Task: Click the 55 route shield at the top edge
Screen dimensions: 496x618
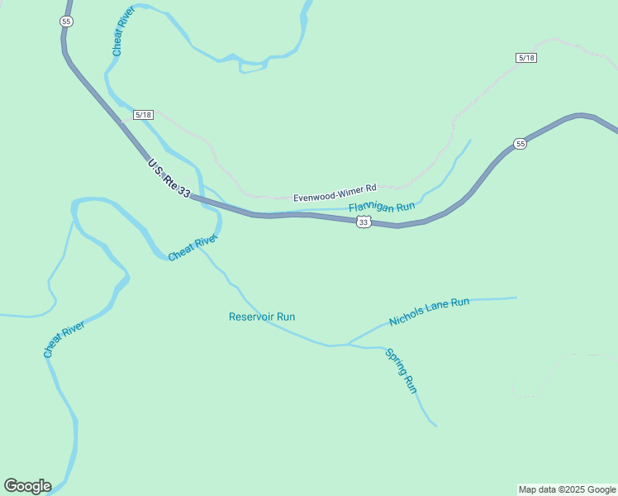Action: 66,21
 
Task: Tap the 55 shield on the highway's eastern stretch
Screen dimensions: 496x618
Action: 520,144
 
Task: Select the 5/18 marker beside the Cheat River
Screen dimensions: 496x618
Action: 143,115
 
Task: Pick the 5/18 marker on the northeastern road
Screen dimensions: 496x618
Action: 526,57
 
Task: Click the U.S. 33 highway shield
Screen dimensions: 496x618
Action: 364,222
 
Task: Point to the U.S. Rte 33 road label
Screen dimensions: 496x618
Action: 169,179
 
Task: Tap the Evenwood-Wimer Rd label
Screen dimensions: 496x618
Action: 335,198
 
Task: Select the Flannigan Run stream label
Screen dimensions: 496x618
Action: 381,207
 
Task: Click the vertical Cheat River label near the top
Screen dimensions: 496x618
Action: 123,31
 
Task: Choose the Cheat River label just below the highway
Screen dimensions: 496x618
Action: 193,247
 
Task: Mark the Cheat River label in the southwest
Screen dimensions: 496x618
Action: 64,338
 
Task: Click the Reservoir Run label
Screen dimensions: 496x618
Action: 262,317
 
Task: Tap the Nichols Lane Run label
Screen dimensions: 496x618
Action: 429,312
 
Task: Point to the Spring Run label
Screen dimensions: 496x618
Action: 402,370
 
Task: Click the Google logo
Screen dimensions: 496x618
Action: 27,486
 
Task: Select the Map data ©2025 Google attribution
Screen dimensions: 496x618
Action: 568,489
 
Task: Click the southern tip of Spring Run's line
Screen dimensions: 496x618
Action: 436,427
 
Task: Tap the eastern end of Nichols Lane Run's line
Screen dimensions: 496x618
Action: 516,298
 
